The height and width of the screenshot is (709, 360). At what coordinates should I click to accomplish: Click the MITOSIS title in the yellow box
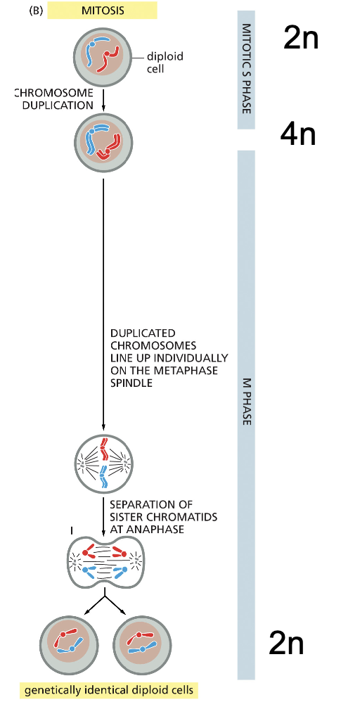(x=103, y=11)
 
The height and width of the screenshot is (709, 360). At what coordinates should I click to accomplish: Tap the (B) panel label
(x=36, y=11)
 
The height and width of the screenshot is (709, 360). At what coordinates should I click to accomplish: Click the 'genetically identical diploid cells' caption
(x=108, y=691)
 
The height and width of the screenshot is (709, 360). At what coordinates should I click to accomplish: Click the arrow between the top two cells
(x=103, y=99)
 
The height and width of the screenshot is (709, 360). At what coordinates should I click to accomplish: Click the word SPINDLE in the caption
(x=125, y=382)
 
